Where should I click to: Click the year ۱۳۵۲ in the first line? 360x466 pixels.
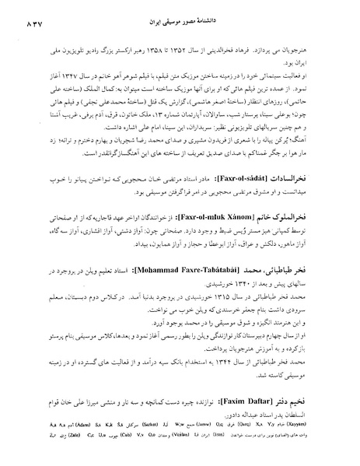tap(192, 38)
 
